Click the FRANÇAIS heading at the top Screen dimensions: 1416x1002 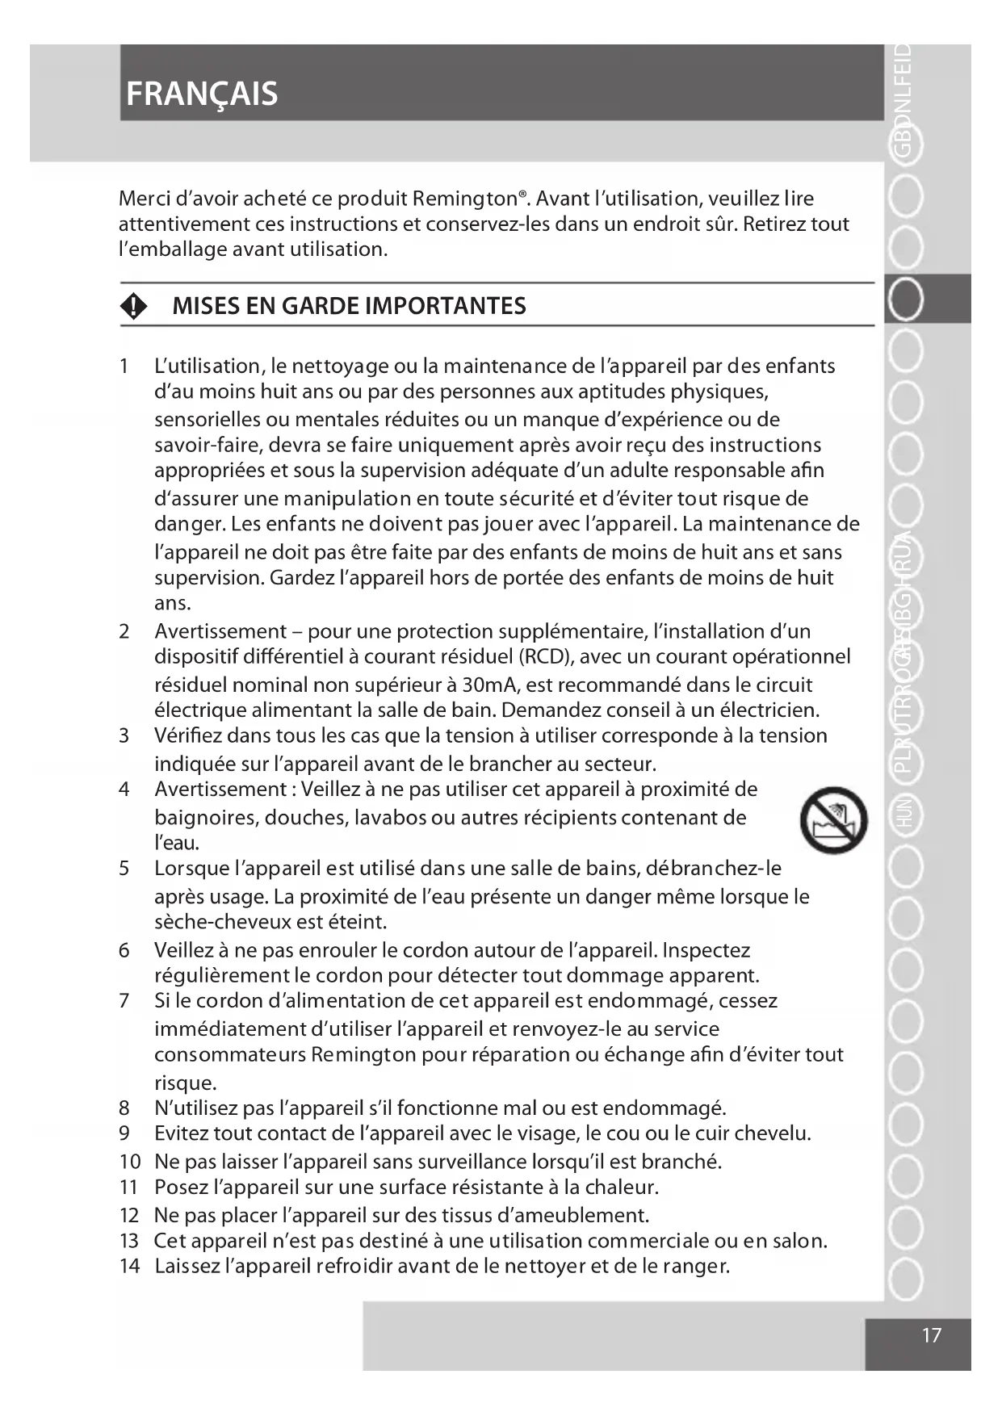click(202, 94)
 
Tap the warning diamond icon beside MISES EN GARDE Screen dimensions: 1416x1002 click(134, 306)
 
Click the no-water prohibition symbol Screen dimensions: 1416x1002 click(833, 820)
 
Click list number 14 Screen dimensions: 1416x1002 click(129, 1266)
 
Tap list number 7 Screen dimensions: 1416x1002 click(124, 1001)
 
